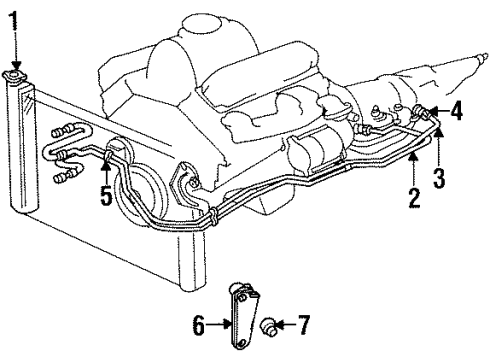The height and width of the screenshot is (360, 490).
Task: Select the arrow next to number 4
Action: [x=436, y=114]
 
